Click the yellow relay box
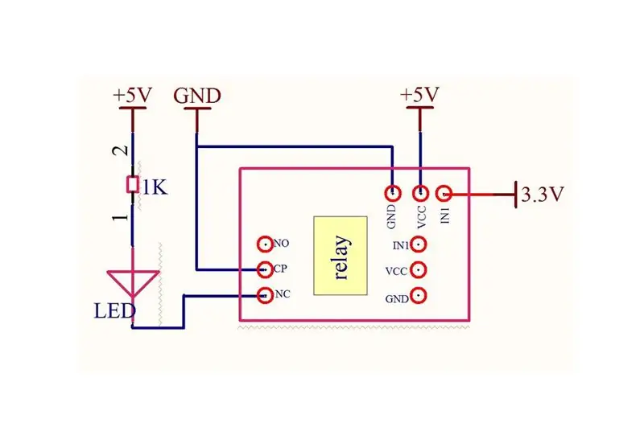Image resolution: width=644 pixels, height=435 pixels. (x=340, y=256)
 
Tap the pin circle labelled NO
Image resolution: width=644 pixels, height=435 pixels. (x=265, y=244)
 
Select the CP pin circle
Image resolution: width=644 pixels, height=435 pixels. (x=265, y=269)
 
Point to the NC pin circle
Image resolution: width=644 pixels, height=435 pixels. (x=265, y=295)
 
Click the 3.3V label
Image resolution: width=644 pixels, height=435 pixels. (x=543, y=194)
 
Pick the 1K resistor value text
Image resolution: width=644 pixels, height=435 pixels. (x=155, y=188)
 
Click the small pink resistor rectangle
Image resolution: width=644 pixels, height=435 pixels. (x=132, y=185)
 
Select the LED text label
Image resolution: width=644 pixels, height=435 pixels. (x=114, y=311)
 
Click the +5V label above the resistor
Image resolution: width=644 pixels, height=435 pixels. (x=132, y=95)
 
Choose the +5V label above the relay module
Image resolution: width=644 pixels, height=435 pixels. (x=419, y=94)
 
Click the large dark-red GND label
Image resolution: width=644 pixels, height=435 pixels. (x=197, y=96)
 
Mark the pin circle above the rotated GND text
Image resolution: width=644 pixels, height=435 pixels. (x=393, y=192)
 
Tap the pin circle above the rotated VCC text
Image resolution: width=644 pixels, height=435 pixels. (x=420, y=192)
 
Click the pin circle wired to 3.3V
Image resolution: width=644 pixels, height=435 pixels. (x=444, y=193)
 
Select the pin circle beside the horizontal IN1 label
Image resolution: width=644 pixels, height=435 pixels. (x=419, y=244)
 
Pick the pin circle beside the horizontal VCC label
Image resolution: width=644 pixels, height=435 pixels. (x=419, y=270)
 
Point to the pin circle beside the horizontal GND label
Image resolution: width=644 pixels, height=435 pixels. (x=419, y=295)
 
